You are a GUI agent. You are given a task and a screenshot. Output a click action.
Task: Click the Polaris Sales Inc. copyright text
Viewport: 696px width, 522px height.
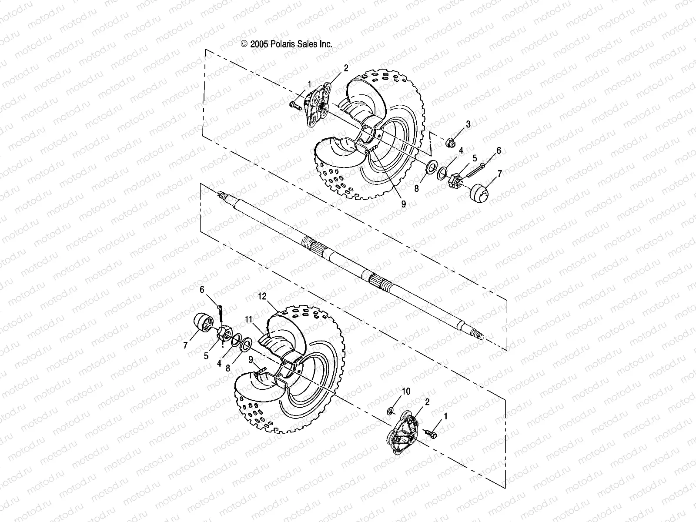pos(287,44)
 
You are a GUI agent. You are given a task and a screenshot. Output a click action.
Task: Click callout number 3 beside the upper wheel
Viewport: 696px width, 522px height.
pos(468,124)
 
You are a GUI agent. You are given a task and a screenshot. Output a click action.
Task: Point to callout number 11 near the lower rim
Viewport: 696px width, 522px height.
pos(248,319)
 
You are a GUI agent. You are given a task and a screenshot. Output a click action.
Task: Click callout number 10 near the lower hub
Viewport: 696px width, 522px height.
pos(406,391)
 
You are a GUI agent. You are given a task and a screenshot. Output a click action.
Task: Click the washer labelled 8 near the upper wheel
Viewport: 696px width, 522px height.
pos(432,166)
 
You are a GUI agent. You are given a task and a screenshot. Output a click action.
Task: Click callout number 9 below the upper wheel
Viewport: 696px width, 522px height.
pos(403,203)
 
